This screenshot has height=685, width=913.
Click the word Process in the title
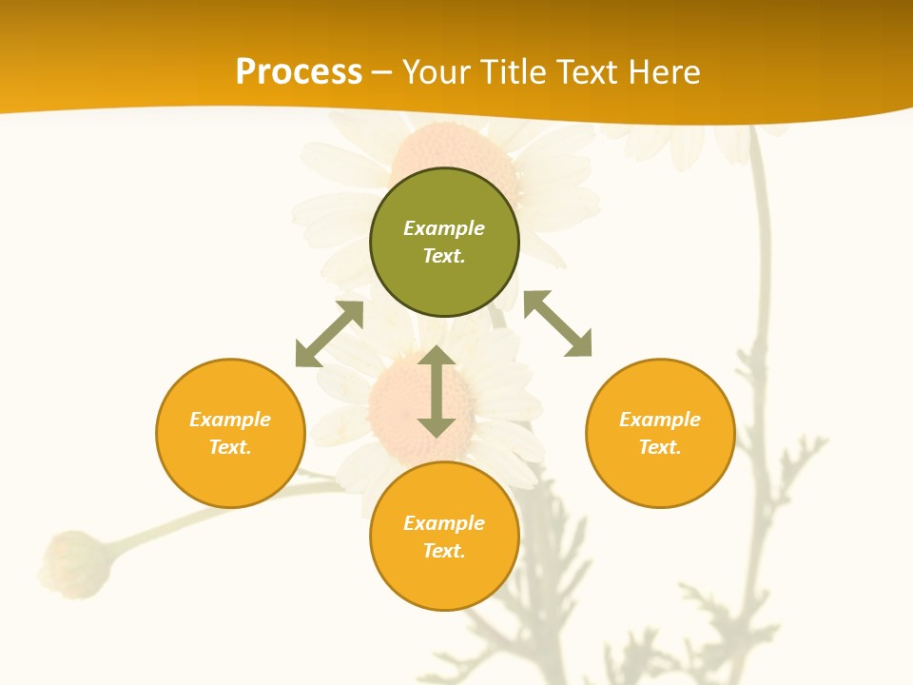(x=299, y=72)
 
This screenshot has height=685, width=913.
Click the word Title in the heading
(x=514, y=72)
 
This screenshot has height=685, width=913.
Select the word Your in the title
(x=437, y=72)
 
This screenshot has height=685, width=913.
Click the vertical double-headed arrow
(x=437, y=392)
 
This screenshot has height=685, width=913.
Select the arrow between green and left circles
(x=329, y=334)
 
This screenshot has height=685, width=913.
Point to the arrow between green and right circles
(x=557, y=323)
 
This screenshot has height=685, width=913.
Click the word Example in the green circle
(x=444, y=228)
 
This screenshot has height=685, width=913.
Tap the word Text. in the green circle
(x=444, y=256)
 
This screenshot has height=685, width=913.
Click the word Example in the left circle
(x=230, y=420)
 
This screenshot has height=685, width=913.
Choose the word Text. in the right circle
(x=660, y=447)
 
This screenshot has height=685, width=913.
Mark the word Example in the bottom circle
(x=444, y=523)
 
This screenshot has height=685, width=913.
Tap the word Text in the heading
(x=585, y=72)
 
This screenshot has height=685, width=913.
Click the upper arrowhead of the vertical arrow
(x=437, y=357)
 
